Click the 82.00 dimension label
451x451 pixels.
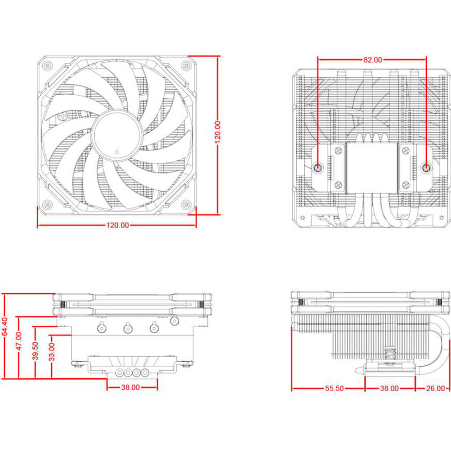pyautogui.click(x=373, y=60)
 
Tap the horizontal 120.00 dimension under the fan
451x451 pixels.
pyautogui.click(x=118, y=225)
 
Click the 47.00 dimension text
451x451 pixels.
pyautogui.click(x=18, y=340)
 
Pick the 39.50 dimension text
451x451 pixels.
pyautogui.click(x=35, y=351)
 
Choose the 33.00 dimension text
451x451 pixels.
pyautogui.click(x=52, y=352)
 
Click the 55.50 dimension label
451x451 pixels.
pyautogui.click(x=334, y=388)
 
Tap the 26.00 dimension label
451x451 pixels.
pyautogui.click(x=435, y=388)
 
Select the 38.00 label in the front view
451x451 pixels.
pyautogui.click(x=130, y=388)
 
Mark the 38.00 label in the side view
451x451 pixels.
pyautogui.click(x=389, y=388)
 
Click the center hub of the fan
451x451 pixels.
pyautogui.click(x=117, y=135)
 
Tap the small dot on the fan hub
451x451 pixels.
pyautogui.click(x=116, y=153)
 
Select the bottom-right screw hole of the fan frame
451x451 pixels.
pyautogui.click(x=187, y=204)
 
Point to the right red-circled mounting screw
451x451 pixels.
pyautogui.click(x=426, y=167)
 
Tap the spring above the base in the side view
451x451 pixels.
pyautogui.click(x=389, y=353)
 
